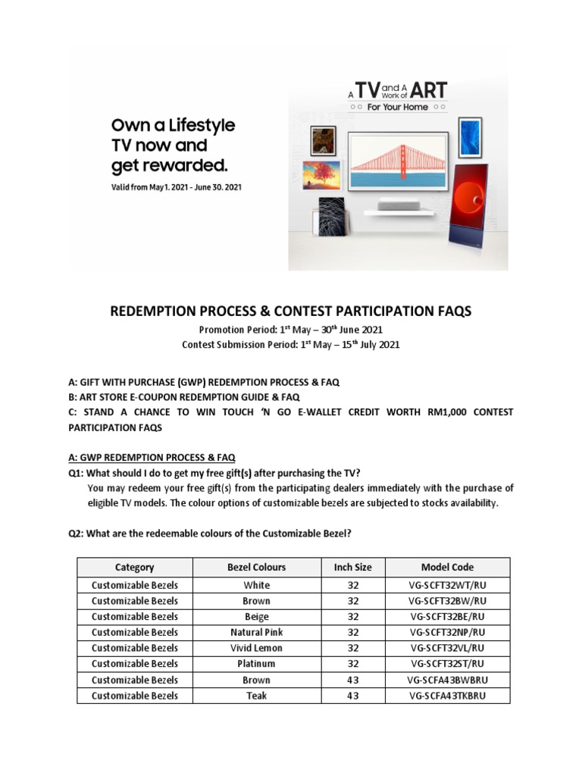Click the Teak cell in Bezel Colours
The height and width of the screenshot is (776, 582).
(256, 696)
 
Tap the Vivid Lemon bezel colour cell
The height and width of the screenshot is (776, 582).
(256, 648)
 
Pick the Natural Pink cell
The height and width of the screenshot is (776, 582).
(256, 632)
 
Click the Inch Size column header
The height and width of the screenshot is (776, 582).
(352, 567)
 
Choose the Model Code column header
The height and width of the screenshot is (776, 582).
(447, 567)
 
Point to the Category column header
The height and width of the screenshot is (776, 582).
(134, 567)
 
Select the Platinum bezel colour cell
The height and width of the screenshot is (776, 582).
(256, 664)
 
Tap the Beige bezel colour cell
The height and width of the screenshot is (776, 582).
(256, 617)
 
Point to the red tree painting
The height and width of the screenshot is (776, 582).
(321, 175)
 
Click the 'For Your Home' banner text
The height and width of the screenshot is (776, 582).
(397, 108)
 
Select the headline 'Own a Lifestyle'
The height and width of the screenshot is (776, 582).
(174, 125)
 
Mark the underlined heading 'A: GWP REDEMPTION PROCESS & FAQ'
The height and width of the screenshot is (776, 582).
(152, 458)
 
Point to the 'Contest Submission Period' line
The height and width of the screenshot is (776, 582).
(290, 345)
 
